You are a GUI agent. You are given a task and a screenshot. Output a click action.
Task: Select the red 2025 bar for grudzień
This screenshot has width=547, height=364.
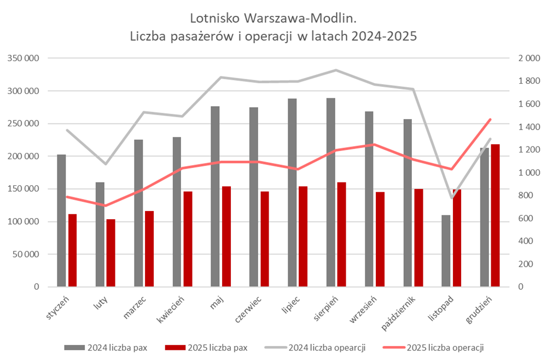pyautogui.click(x=495, y=215)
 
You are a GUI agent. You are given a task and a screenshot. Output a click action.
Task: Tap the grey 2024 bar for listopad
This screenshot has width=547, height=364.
pyautogui.click(x=446, y=251)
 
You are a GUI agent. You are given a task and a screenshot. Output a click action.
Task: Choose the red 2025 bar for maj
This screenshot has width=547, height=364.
pyautogui.click(x=226, y=236)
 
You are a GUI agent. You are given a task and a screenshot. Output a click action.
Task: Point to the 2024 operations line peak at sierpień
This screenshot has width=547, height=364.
pyautogui.click(x=336, y=70)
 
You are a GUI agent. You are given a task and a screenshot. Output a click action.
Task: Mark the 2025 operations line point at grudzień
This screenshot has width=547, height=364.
pyautogui.click(x=490, y=119)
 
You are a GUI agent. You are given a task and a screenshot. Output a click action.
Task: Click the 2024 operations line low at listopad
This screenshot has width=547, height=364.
pyautogui.click(x=451, y=198)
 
